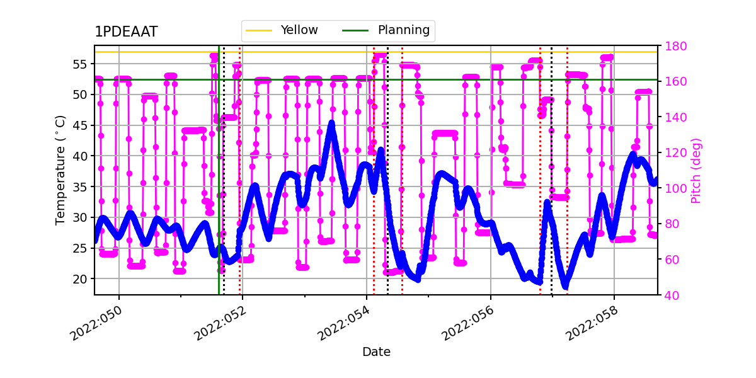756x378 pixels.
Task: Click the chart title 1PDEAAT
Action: point(126,32)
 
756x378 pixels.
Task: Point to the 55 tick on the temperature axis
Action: point(80,64)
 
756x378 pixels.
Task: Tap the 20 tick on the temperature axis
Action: point(80,278)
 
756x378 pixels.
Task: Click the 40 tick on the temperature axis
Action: point(80,156)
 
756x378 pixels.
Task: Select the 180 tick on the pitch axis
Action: point(673,46)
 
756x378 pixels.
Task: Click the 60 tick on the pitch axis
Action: point(671,260)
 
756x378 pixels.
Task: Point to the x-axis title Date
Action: point(376,352)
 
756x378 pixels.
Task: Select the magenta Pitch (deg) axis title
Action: point(696,170)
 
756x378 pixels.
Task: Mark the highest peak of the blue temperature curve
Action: point(331,124)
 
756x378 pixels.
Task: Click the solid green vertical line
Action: point(219,189)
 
